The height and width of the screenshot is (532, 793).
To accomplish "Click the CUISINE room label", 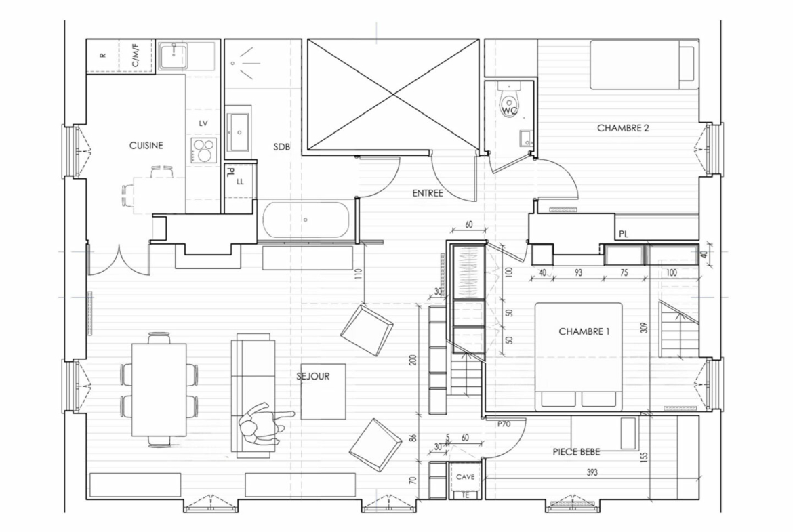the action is coord(146,146).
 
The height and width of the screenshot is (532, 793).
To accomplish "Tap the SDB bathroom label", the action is coord(282,147).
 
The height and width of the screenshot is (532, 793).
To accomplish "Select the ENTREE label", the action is coord(428,193).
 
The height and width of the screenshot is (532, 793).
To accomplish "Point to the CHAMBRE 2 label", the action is coord(623,128).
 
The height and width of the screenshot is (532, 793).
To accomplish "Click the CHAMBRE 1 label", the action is coord(584,332).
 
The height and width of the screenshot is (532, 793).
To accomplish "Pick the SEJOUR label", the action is coord(313,376).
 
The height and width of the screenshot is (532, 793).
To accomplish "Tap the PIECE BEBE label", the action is coord(576,452).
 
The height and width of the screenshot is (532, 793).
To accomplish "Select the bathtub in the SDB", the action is coord(306,220).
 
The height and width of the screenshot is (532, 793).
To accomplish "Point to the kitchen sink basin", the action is coord(174,56).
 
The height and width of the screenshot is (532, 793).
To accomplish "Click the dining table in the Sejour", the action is coord(159,390).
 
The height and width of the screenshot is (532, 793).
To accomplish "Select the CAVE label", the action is coord(465,477).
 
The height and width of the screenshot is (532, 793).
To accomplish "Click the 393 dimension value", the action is coord(592,472).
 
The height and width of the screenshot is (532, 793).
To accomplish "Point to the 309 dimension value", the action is coord(644,328).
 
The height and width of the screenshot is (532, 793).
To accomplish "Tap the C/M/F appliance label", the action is coord(136,56).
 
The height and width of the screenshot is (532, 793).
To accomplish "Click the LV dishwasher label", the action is coord(203,123).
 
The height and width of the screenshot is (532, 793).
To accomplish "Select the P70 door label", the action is coord(504,424).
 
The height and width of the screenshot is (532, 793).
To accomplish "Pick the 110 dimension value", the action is coord(359,274).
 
